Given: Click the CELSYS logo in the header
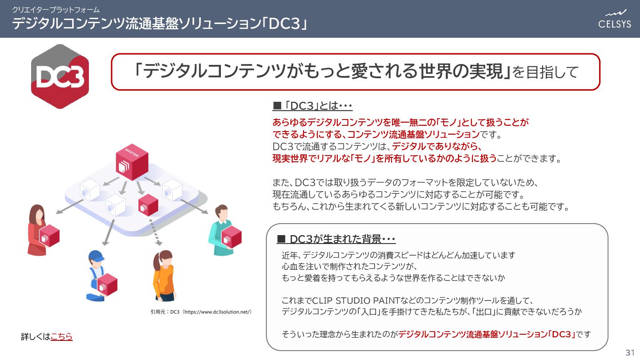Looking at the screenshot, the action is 614,19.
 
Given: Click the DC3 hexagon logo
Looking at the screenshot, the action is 60,76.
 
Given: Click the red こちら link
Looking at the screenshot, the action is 62,337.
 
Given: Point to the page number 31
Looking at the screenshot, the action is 630,353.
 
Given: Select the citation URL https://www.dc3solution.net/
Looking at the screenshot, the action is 216,312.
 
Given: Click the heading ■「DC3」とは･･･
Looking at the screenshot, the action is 312,106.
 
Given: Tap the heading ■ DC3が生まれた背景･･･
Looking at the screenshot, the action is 336,239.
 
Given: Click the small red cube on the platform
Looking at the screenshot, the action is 148,205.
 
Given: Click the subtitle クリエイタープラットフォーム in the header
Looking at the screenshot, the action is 56,9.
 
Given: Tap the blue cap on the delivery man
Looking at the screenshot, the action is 96,256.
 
